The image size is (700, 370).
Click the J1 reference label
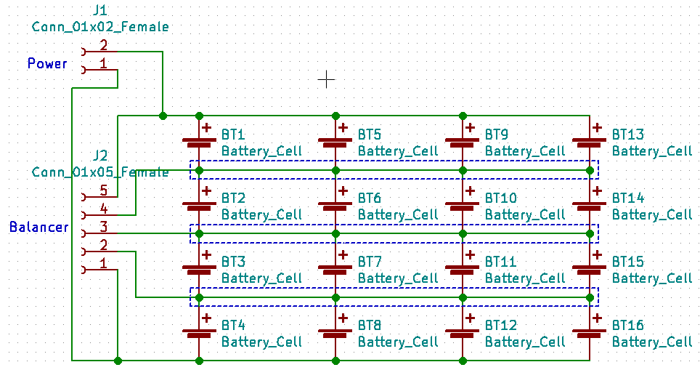click(x=101, y=11)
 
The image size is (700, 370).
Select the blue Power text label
click(x=47, y=63)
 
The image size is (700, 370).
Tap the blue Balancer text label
click(x=39, y=227)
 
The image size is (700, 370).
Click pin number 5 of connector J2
click(x=103, y=191)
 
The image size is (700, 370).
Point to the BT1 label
click(x=233, y=134)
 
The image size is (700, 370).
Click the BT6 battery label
click(x=370, y=198)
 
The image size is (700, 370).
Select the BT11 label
click(x=501, y=261)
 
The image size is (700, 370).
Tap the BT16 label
click(x=628, y=325)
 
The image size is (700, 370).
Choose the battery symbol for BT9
click(x=462, y=142)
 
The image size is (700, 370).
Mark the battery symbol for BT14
click(x=589, y=206)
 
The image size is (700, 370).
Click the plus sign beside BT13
click(x=597, y=127)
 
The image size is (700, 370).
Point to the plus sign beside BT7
click(x=343, y=254)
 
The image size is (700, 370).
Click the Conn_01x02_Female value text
click(x=100, y=27)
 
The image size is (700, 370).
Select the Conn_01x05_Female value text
click(x=100, y=172)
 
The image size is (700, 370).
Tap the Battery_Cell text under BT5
click(x=398, y=150)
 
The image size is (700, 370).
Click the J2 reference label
click(x=101, y=156)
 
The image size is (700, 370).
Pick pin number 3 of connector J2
click(x=103, y=227)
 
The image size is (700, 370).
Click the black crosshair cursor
click(x=327, y=79)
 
